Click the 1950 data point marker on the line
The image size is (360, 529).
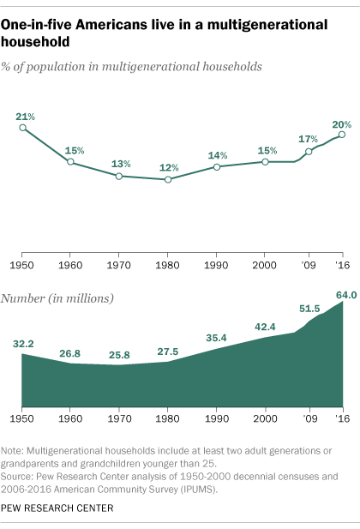[22, 128]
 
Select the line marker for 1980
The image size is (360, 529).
[169, 179]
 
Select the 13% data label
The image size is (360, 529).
[120, 163]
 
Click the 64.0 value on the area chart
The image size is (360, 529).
[345, 296]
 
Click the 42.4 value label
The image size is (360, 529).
[266, 326]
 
